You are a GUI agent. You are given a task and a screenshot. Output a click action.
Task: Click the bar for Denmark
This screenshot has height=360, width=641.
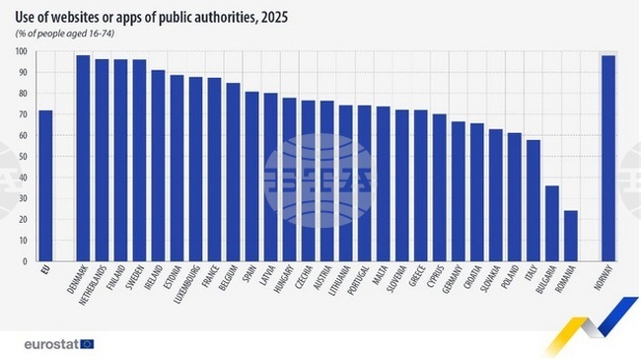pos(83,159)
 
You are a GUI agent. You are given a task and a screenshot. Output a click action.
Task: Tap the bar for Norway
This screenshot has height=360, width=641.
pos(608,159)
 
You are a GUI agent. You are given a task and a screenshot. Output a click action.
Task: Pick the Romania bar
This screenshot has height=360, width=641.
pos(570,236)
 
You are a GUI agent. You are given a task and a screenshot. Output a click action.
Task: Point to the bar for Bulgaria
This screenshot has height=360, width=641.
pos(551,223)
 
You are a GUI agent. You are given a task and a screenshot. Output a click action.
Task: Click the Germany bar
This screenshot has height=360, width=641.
pos(458,191)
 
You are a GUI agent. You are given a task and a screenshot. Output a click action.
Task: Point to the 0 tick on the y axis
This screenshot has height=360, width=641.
pos(22,261)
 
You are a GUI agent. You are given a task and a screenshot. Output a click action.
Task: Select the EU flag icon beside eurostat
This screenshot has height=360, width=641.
pos(88,343)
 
